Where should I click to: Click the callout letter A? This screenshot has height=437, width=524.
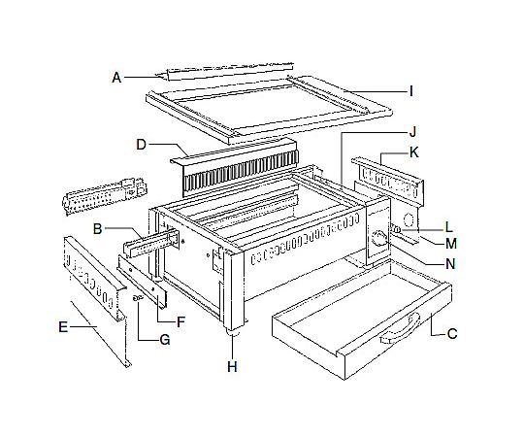pos(116,78)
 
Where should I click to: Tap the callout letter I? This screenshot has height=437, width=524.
pos(411,91)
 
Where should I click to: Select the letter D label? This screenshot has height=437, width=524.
pos(142,145)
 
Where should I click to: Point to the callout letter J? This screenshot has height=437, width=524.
pos(413,132)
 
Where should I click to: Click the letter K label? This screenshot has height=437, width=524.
pos(413,152)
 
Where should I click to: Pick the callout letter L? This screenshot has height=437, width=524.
pos(449,227)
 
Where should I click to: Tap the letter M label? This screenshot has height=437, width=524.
pos(451,244)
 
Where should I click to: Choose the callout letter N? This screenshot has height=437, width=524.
pos(450,264)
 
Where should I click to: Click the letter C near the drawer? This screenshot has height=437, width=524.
pos(452,334)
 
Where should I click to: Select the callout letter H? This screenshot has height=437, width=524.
pos(232,367)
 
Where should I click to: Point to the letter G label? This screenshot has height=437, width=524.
pos(165,340)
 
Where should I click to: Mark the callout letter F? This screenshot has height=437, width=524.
pos(180,322)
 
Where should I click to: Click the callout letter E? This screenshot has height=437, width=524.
pos(63,326)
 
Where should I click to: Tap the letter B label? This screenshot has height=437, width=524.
pos(98,229)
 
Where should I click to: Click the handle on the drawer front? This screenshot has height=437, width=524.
pos(401,329)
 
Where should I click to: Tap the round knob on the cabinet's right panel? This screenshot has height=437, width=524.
pos(379,238)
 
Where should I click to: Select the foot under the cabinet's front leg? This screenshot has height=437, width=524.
pos(233,332)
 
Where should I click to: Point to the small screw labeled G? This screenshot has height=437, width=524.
pos(138,298)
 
